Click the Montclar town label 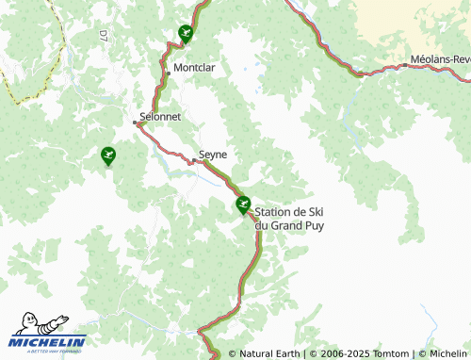coord(194,68)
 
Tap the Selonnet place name coord(159,116)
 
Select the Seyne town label coord(213,154)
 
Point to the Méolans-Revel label coord(439,58)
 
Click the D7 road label coord(103,36)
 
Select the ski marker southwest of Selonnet coord(108,154)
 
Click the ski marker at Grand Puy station coord(243,203)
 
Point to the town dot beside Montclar coord(169,71)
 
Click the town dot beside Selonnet coord(136,123)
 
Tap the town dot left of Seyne coord(193,161)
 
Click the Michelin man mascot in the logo coord(27,327)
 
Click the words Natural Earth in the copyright coord(269,354)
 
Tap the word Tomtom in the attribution coord(386,354)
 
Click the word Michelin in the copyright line coord(442,354)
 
